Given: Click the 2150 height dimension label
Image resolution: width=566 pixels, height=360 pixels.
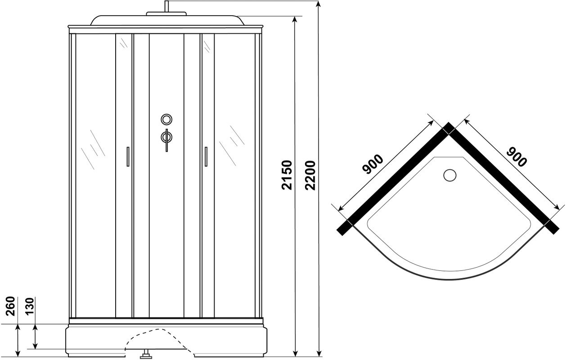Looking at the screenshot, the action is click(287, 175).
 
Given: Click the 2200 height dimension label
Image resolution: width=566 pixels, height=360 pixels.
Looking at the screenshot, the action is click(310, 175).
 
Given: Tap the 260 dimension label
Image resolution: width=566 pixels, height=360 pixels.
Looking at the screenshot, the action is click(11, 306).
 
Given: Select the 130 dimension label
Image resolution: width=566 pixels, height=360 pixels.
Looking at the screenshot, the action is click(30, 306).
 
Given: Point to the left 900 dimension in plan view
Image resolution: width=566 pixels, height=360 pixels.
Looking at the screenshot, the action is click(373, 164).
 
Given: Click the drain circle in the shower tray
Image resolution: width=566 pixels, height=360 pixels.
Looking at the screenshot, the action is click(450, 175).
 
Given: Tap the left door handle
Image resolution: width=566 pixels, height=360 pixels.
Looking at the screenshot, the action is click(128, 157).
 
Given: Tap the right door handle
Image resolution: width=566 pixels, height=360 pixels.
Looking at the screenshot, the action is click(206, 157).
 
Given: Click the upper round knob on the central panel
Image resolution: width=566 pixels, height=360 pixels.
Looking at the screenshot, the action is click(166, 119).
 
